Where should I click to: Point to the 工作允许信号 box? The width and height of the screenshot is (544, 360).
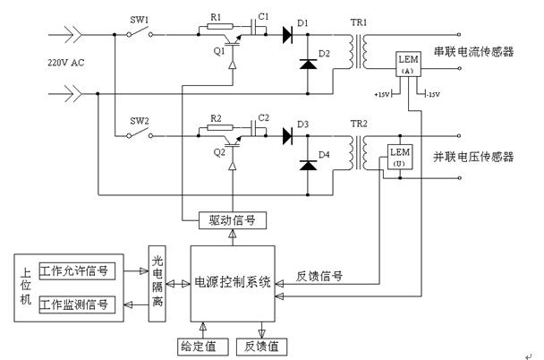(x=76, y=270)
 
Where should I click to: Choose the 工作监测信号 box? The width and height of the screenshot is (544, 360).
(x=76, y=304)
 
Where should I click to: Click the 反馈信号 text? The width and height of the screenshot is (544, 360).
(x=320, y=275)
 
